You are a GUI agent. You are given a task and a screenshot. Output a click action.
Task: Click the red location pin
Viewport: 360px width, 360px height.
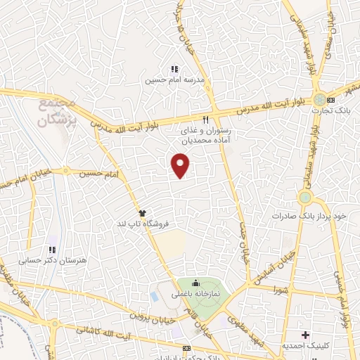[181, 166]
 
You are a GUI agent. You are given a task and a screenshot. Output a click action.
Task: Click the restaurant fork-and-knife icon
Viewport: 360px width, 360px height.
[206, 120]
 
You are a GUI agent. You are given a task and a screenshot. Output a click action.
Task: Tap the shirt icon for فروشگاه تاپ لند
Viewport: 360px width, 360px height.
[143, 212]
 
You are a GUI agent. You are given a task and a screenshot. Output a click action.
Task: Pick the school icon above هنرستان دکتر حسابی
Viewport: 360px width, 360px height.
[52, 249]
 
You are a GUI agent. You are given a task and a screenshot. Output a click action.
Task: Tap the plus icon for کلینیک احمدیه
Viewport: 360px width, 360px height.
[304, 334]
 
